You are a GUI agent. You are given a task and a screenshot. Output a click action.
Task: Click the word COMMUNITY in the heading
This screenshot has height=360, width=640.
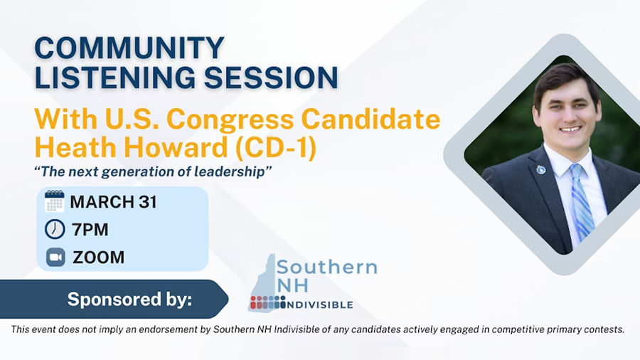(129, 48)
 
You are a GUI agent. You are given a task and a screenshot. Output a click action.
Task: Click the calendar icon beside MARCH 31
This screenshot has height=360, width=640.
(55, 201)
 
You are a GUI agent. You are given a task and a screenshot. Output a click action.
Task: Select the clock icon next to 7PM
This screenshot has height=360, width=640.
(55, 229)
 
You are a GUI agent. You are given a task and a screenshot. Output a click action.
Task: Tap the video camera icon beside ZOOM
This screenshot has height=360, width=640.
(55, 257)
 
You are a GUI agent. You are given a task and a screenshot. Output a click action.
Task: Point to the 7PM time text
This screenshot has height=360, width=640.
(90, 230)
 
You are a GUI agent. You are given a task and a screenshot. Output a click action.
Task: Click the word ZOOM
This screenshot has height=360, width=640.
(98, 258)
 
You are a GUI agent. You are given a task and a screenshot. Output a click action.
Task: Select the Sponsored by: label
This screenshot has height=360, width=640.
(129, 300)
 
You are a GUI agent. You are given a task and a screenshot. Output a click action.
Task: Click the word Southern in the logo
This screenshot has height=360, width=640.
(326, 268)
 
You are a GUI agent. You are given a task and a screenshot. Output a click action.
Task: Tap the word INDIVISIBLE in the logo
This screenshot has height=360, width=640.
(321, 305)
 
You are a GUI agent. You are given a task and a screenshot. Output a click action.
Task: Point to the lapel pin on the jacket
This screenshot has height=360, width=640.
(541, 169)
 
